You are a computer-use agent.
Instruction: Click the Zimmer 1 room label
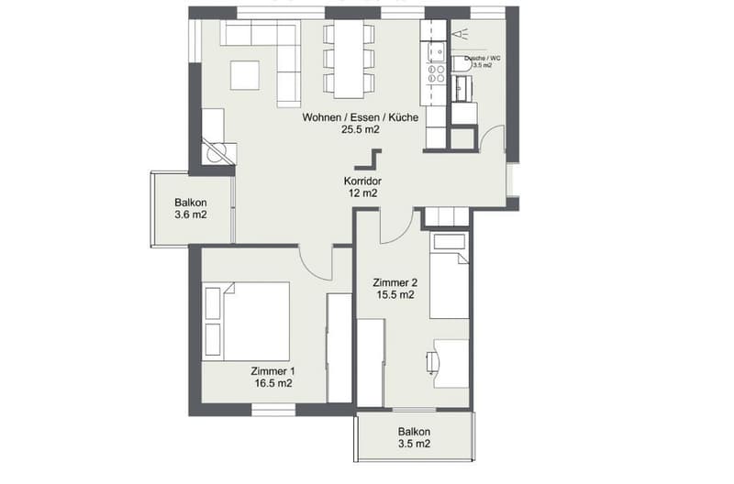click(272, 371)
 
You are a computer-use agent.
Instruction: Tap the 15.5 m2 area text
click(395, 294)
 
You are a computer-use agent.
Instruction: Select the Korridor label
click(362, 181)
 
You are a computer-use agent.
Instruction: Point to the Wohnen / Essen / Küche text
click(361, 117)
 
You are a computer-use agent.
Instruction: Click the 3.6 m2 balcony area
click(191, 215)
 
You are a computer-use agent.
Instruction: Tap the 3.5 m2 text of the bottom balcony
click(415, 444)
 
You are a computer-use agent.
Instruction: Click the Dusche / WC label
click(483, 59)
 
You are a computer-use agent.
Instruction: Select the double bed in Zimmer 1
click(246, 321)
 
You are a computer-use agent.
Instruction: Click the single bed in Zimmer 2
click(450, 276)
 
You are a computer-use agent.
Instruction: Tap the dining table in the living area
click(349, 60)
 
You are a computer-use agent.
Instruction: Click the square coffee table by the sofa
click(245, 75)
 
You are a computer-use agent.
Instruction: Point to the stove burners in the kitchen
click(437, 73)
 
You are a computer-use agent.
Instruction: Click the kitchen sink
click(438, 51)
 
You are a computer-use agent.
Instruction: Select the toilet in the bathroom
click(462, 64)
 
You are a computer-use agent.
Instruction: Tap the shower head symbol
click(462, 34)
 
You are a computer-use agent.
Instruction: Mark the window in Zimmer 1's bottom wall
click(273, 410)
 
